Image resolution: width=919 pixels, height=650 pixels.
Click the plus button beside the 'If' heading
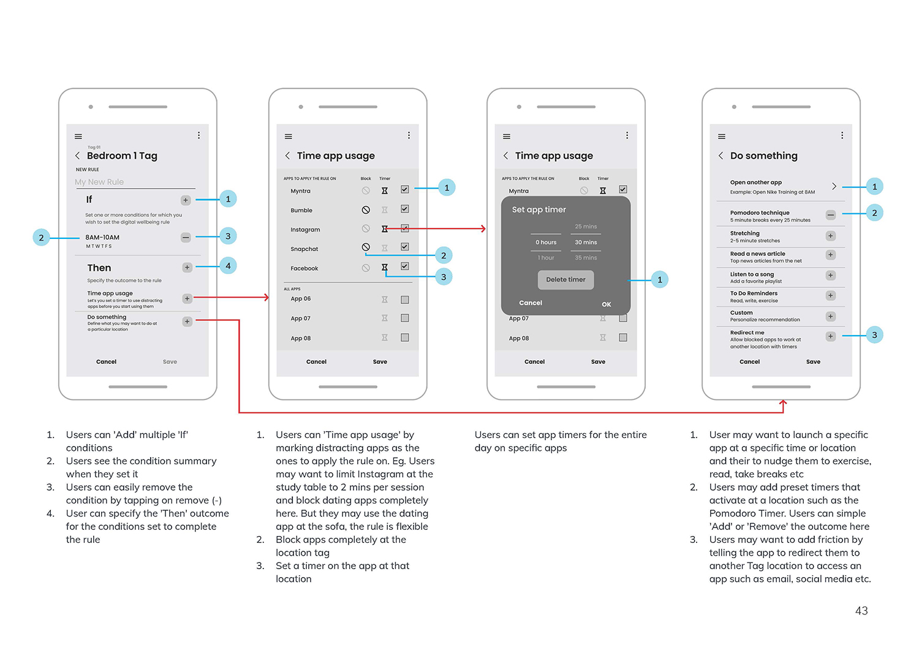click(186, 200)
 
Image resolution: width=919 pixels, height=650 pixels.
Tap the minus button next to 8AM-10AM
click(186, 237)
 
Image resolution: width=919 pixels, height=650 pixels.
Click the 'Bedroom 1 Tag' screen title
click(122, 156)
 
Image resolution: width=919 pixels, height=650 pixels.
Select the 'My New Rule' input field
click(135, 182)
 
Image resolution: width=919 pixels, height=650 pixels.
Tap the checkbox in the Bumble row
click(405, 209)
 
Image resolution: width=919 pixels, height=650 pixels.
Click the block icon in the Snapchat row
click(366, 247)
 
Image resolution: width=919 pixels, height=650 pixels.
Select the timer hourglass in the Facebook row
click(385, 267)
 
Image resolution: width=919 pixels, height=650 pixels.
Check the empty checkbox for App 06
click(405, 300)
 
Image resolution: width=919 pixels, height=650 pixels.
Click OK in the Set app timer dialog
click(607, 304)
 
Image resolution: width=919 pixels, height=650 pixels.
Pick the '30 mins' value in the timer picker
click(586, 242)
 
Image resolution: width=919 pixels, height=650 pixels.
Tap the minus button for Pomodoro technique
click(831, 215)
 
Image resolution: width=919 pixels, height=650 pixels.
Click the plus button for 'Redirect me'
click(831, 336)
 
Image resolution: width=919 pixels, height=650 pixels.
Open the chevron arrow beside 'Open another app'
click(834, 186)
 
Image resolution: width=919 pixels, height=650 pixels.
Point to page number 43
click(861, 611)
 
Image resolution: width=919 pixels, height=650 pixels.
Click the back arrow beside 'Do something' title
click(720, 156)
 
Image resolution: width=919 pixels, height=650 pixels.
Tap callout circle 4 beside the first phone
click(228, 266)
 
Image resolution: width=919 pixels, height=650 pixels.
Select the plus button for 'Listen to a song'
click(831, 276)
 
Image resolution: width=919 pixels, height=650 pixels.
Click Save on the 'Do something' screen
click(813, 362)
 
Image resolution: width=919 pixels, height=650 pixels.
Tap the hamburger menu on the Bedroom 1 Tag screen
click(78, 136)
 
